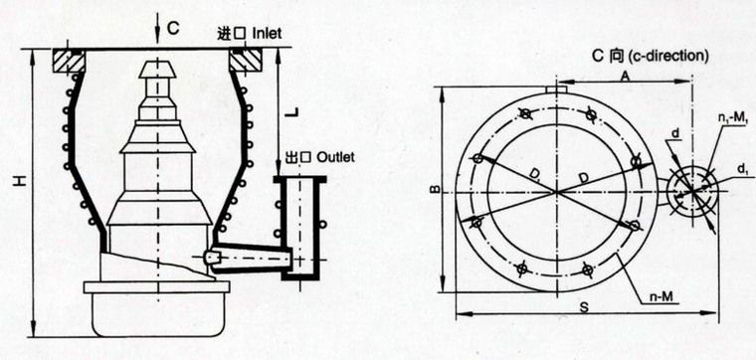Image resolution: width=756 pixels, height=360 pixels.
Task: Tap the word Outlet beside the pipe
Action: click(x=336, y=157)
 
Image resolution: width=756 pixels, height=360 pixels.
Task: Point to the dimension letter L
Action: click(x=291, y=112)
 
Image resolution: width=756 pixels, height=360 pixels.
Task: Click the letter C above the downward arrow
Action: click(x=173, y=29)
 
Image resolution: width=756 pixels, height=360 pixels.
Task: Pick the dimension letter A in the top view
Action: click(x=625, y=76)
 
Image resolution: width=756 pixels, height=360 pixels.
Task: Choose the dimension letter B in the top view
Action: click(x=435, y=190)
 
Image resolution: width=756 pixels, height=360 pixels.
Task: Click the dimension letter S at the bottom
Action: click(x=584, y=308)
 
